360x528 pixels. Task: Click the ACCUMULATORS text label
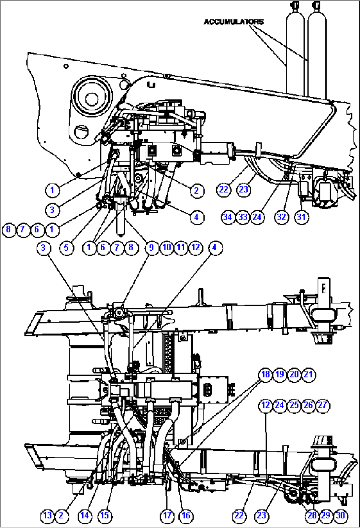pyautogui.click(x=234, y=22)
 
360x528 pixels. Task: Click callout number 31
pyautogui.click(x=301, y=217)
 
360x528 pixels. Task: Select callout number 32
pyautogui.click(x=281, y=217)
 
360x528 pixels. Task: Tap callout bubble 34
pyautogui.click(x=228, y=217)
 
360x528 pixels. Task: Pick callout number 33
pyautogui.click(x=242, y=217)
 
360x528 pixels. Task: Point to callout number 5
pyautogui.click(x=66, y=247)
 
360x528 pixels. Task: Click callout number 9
pyautogui.click(x=151, y=247)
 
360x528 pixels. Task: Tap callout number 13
pyautogui.click(x=47, y=515)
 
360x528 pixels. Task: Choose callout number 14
pyautogui.click(x=85, y=515)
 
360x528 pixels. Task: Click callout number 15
pyautogui.click(x=104, y=515)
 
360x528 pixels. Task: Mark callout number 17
pyautogui.click(x=167, y=515)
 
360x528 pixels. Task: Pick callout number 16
pyautogui.click(x=186, y=515)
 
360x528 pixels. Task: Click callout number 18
pyautogui.click(x=265, y=374)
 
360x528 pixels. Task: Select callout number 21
pyautogui.click(x=308, y=374)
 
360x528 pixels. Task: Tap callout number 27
pyautogui.click(x=322, y=405)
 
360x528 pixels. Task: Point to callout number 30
pyautogui.click(x=340, y=515)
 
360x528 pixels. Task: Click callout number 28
pyautogui.click(x=312, y=515)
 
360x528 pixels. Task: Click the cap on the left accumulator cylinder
pyautogui.click(x=293, y=6)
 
